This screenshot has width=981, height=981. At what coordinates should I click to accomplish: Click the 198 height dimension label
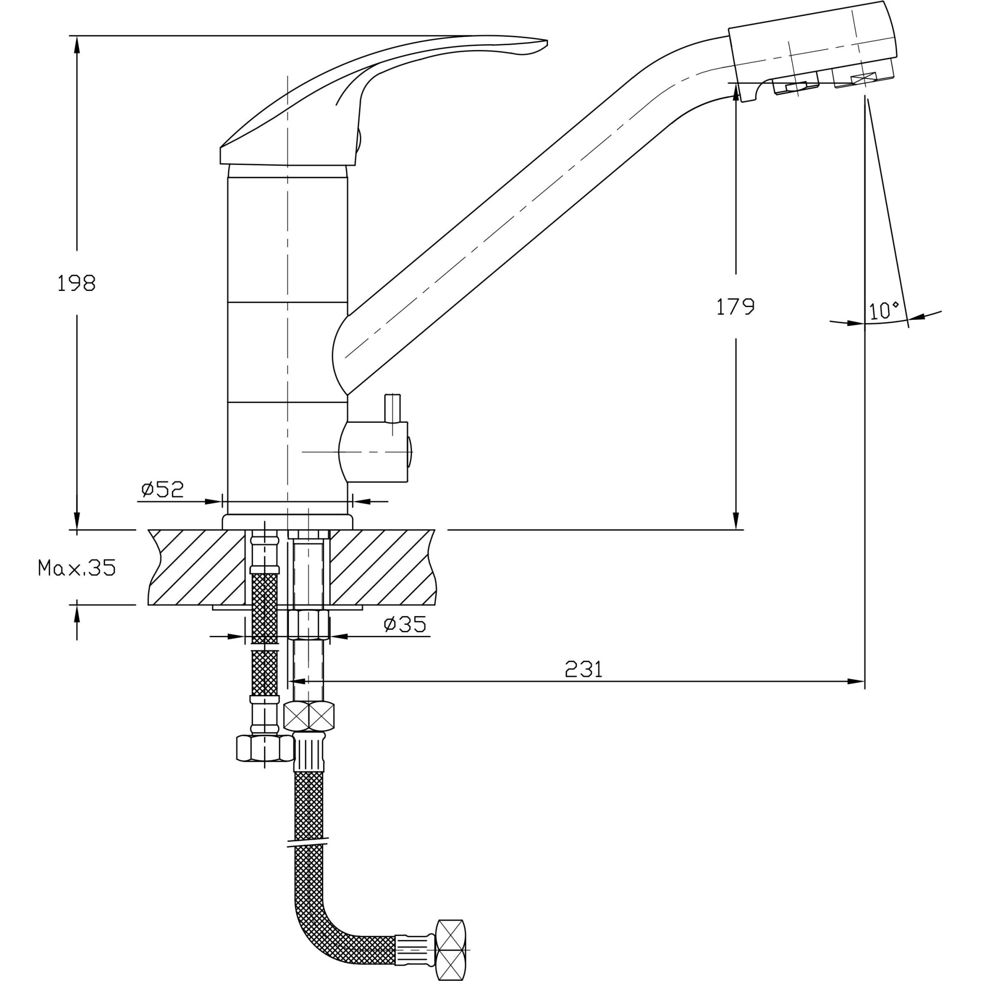pos(76,283)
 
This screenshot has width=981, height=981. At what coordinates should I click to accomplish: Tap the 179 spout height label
pos(735,307)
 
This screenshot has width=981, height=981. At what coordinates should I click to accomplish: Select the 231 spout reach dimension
pos(583,669)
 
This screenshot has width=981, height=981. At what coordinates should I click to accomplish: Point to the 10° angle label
pos(884,310)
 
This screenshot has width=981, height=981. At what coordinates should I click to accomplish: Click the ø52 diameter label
pos(162,490)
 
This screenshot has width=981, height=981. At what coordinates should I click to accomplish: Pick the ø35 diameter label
pos(405,624)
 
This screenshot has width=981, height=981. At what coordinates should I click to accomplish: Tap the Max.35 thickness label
pos(77,568)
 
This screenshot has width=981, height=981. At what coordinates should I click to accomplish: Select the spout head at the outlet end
pos(812,51)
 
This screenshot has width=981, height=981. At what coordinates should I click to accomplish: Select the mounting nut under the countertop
pos(308,625)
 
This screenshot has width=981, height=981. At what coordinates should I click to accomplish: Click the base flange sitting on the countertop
pos(287,521)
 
